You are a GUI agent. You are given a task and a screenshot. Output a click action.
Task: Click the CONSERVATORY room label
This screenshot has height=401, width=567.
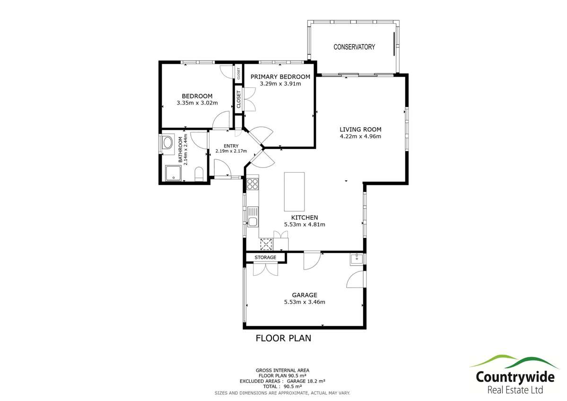(354, 47)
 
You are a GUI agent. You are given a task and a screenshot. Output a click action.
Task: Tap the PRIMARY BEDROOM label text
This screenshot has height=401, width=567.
(280, 77)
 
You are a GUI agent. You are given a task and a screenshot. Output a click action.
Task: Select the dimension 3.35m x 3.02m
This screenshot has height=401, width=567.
(197, 103)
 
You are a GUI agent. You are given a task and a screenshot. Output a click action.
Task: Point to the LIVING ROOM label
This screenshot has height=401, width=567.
(360, 129)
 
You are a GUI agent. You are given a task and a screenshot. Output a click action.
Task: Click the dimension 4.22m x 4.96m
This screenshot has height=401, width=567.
(360, 136)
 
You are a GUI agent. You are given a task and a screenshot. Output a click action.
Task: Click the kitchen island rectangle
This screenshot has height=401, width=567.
(294, 192)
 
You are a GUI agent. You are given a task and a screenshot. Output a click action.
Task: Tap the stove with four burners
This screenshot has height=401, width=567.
(253, 183)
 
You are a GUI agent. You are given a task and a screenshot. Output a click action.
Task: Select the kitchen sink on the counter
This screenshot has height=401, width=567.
(253, 221)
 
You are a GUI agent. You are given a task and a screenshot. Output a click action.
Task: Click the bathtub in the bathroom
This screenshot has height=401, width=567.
(168, 143)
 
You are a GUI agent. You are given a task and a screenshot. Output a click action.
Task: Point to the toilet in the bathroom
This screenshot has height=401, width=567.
(199, 174)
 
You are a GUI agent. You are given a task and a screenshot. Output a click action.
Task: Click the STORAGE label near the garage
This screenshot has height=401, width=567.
(265, 257)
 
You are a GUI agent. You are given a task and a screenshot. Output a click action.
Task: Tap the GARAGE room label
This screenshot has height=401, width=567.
(304, 295)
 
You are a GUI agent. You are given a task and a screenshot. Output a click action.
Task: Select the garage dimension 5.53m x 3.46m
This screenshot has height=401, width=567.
(304, 302)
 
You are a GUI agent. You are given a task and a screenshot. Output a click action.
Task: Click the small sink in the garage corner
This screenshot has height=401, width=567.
(356, 259)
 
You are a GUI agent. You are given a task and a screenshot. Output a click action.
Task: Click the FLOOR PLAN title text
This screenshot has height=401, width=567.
(283, 338)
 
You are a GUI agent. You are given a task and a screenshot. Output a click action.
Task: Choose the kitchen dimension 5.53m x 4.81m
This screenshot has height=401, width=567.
(304, 225)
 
